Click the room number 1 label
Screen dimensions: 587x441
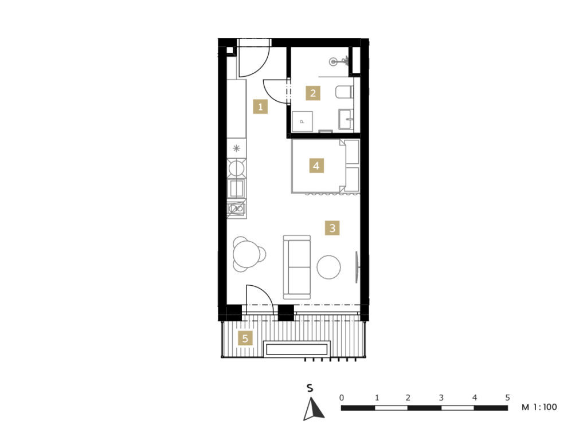(x=261, y=107)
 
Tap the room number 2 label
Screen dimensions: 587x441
(x=313, y=93)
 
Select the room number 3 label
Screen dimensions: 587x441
(x=332, y=227)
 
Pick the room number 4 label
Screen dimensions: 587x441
(x=316, y=166)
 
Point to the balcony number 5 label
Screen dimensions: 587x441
(x=245, y=338)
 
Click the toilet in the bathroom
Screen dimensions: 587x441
(x=345, y=92)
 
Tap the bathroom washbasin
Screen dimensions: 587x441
(x=346, y=119)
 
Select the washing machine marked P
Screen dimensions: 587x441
(x=302, y=121)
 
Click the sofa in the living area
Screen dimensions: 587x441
(x=297, y=267)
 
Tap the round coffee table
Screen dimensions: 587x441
(x=328, y=267)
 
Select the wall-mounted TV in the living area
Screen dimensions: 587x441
(x=357, y=267)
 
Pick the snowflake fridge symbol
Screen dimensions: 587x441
(x=236, y=148)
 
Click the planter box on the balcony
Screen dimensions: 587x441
(x=296, y=349)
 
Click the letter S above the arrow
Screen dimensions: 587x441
(x=310, y=388)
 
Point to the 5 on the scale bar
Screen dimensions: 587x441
(x=508, y=397)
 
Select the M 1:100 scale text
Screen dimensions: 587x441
(x=539, y=407)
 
